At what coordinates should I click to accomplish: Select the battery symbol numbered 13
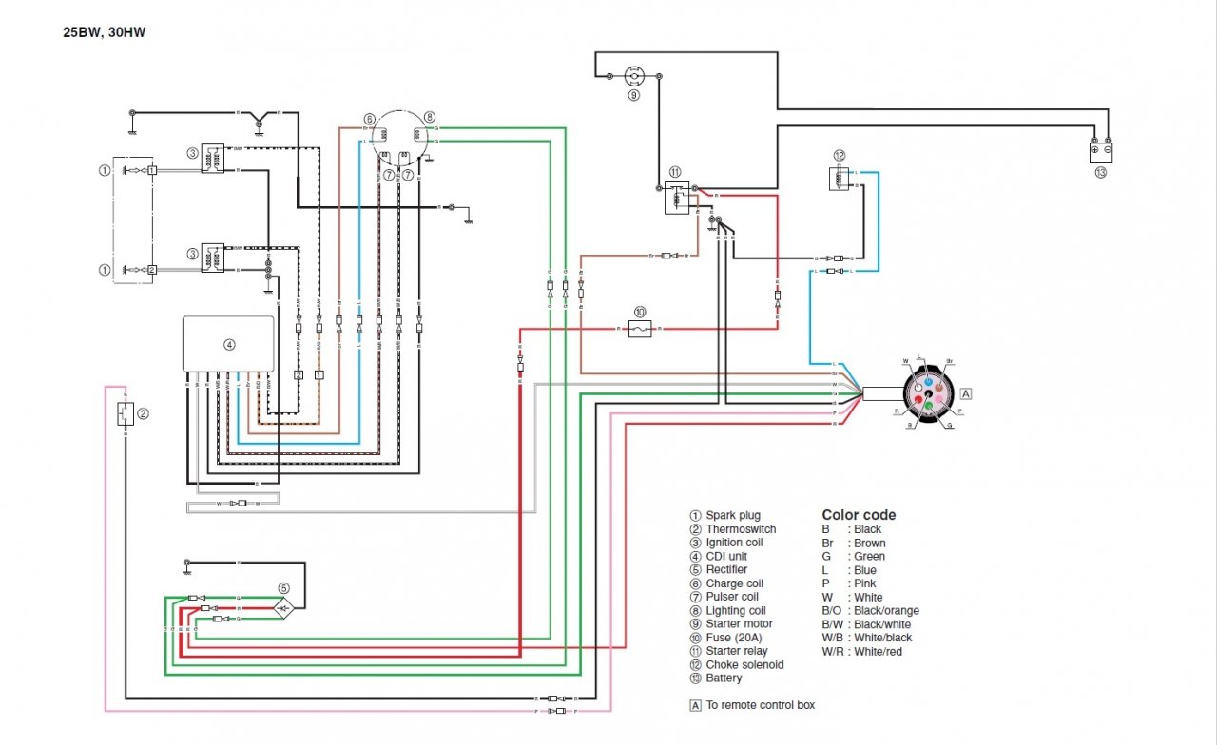coord(1101,150)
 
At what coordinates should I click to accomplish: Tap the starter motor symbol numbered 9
coord(633,76)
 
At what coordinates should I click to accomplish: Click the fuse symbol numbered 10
coord(640,328)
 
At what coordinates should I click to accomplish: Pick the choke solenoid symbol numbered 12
coord(840,178)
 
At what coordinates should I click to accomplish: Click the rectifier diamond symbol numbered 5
coord(282,606)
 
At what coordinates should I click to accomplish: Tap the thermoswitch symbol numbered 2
coord(124,413)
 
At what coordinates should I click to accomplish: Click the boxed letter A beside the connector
coord(966,392)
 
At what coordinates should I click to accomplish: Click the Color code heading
coord(859,515)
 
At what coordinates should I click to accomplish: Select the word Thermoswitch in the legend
coord(741,529)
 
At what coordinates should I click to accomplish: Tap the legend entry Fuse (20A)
coord(733,638)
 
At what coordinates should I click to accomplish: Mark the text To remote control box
coord(760,705)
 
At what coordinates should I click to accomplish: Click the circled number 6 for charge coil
coord(369,120)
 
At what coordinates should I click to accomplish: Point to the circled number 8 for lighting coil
coord(430,117)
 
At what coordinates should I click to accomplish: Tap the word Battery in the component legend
coord(724,678)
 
